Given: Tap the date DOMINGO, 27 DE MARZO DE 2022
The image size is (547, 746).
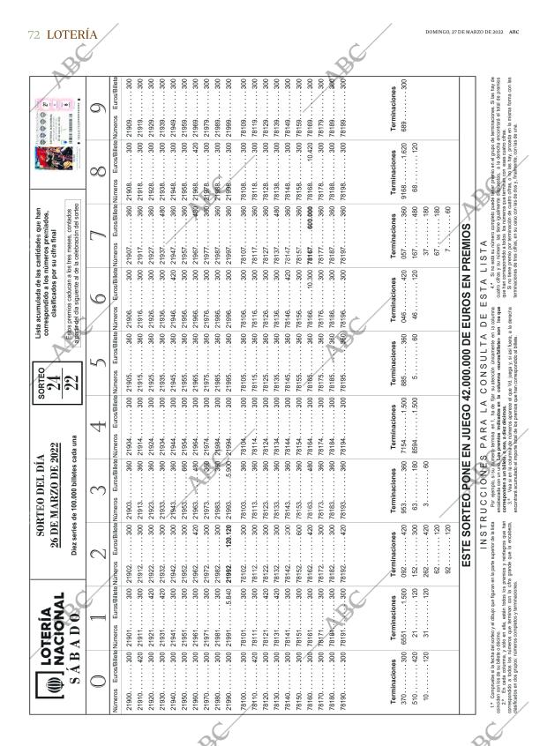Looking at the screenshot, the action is [462, 33].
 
